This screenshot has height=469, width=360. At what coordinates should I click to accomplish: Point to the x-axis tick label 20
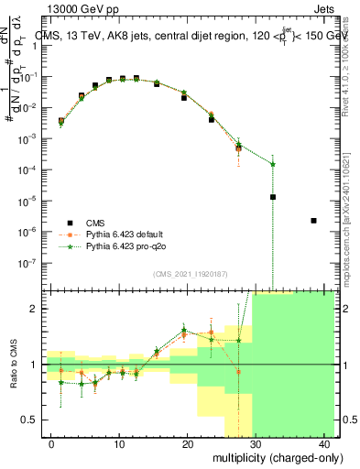point(188,444)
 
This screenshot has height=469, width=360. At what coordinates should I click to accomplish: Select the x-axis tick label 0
point(51,444)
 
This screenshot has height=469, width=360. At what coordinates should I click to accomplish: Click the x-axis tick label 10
point(119,444)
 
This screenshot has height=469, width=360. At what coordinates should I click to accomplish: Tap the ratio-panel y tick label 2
point(36,309)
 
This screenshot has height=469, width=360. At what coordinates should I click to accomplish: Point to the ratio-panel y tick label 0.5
point(32,420)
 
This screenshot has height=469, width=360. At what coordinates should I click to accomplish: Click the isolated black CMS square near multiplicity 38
point(314,221)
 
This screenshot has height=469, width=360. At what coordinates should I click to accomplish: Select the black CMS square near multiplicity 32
point(273,197)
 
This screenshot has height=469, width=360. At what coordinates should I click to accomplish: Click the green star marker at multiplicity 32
point(273,164)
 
